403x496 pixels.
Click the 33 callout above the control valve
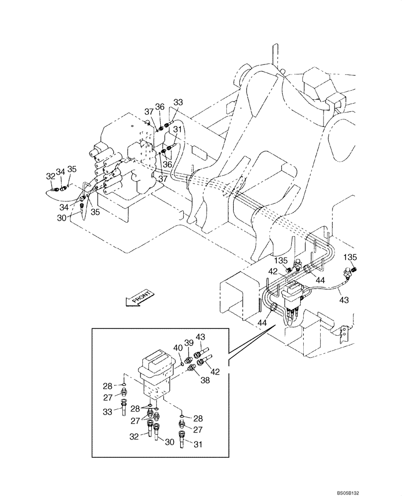[x=178, y=102]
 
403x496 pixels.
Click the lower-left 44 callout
[x=263, y=322]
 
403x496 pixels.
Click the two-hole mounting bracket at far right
[x=341, y=335]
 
